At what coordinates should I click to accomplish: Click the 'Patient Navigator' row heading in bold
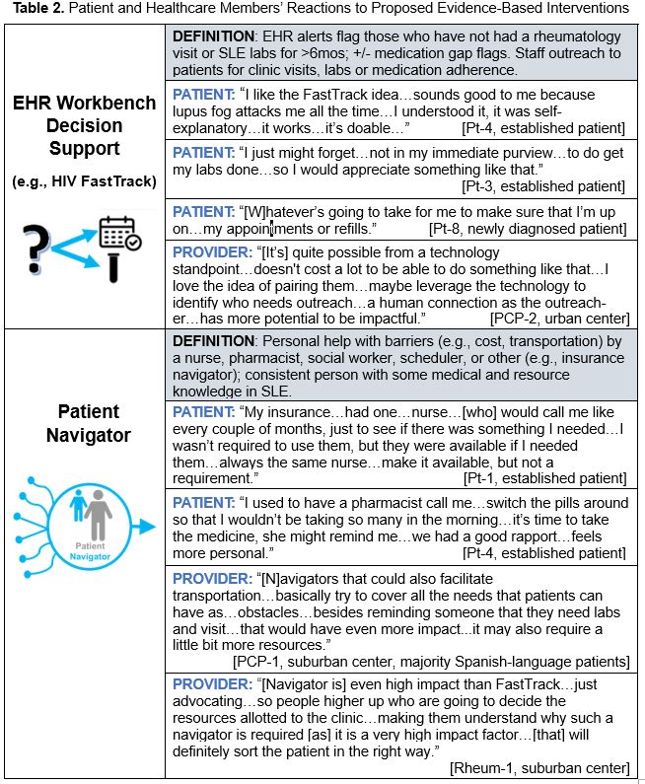tap(87, 422)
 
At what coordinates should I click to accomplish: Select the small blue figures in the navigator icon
tap(78, 505)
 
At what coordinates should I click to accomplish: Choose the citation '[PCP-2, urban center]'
tap(559, 318)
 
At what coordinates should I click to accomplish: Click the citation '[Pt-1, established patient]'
tap(544, 477)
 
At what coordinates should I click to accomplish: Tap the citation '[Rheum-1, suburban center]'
tap(538, 767)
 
